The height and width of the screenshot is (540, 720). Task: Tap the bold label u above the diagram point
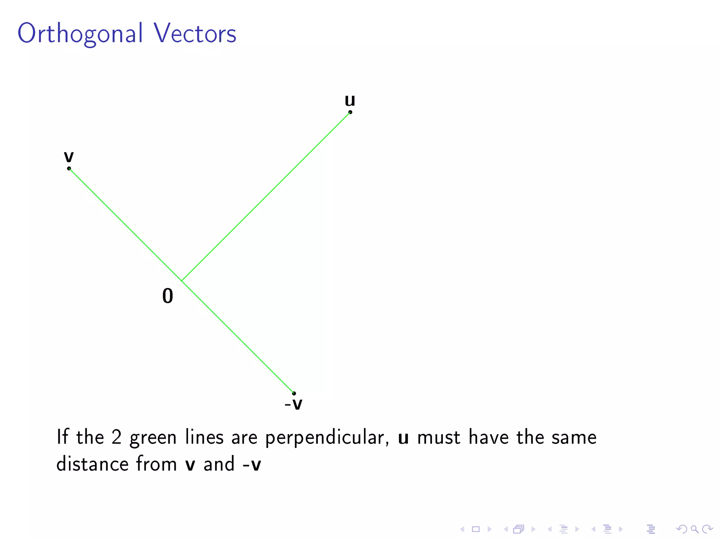(349, 101)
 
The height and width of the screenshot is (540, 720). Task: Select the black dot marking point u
(350, 112)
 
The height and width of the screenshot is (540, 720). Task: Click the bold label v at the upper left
(69, 156)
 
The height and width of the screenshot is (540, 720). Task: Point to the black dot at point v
(69, 168)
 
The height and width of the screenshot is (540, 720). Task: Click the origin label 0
(168, 296)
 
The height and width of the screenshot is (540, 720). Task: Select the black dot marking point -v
(294, 393)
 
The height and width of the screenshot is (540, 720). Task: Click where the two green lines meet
(182, 281)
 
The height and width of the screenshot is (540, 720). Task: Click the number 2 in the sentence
(116, 437)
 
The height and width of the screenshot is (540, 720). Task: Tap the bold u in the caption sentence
(403, 438)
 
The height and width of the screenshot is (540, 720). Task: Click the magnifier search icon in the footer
(694, 529)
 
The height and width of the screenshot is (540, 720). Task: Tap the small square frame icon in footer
(476, 529)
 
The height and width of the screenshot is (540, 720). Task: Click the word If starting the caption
(62, 437)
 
